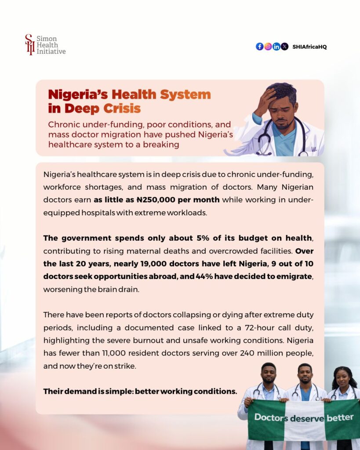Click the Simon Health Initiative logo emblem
(30, 44)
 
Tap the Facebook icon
(259, 47)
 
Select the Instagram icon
(268, 47)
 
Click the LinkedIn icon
(276, 47)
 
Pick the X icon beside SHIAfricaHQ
(284, 47)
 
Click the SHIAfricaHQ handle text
(309, 47)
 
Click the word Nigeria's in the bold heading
(78, 94)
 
